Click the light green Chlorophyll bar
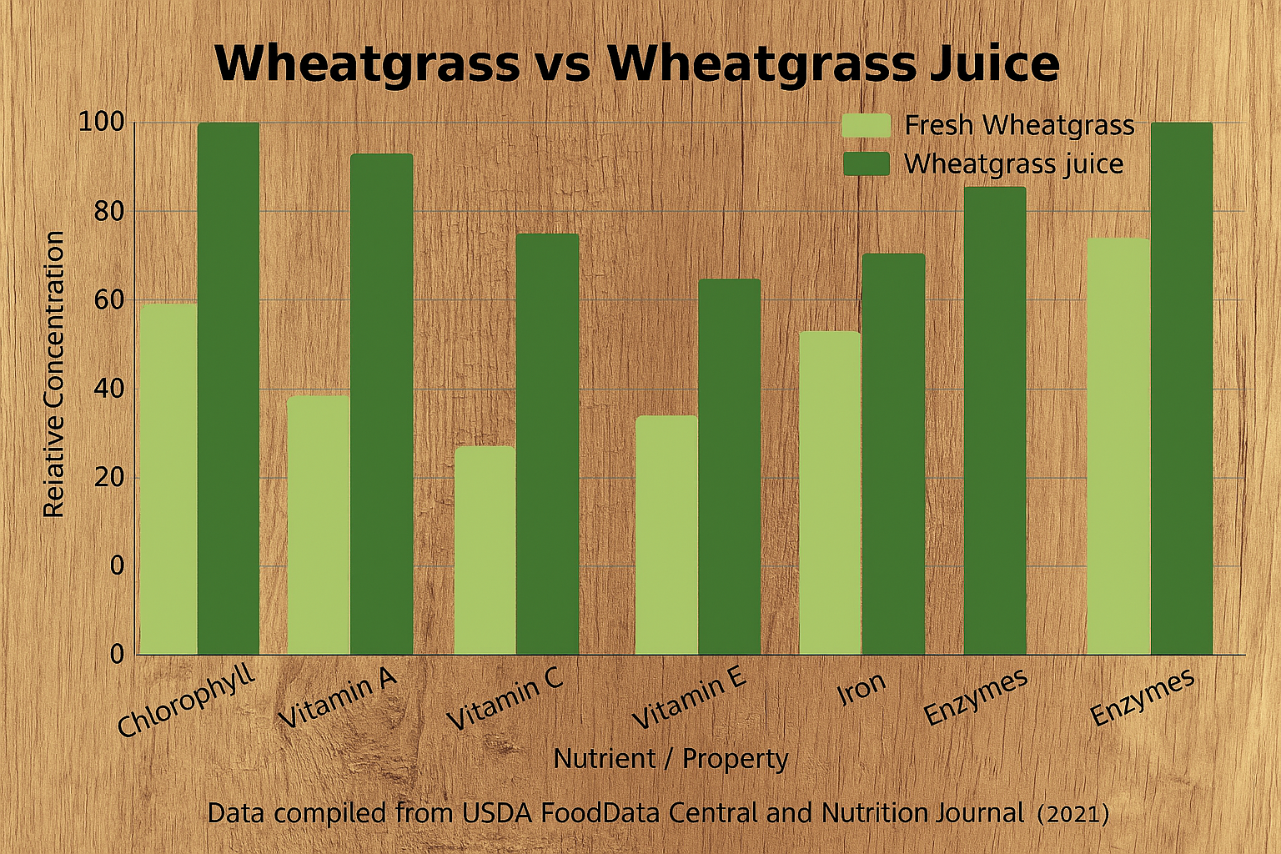click(x=168, y=479)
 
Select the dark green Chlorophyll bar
click(x=229, y=388)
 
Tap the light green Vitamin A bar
click(x=319, y=525)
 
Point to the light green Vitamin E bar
click(x=666, y=535)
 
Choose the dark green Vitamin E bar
click(x=730, y=466)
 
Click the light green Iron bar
click(x=830, y=492)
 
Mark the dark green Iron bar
click(x=893, y=454)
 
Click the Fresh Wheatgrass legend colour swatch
click(x=867, y=125)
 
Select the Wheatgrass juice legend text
click(x=1014, y=163)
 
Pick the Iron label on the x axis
click(x=862, y=688)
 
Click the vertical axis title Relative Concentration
click(x=54, y=374)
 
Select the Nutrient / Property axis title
click(x=671, y=759)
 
